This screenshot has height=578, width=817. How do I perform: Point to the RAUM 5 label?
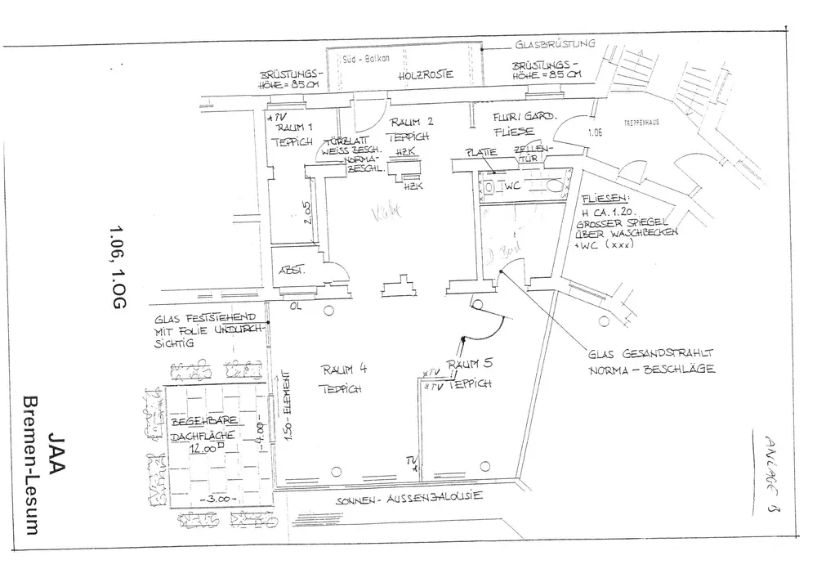(x=468, y=361)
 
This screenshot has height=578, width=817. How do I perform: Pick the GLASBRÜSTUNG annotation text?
(x=555, y=44)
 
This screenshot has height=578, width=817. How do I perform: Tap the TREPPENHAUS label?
(x=641, y=124)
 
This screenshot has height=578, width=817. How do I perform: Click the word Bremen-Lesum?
(x=33, y=466)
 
